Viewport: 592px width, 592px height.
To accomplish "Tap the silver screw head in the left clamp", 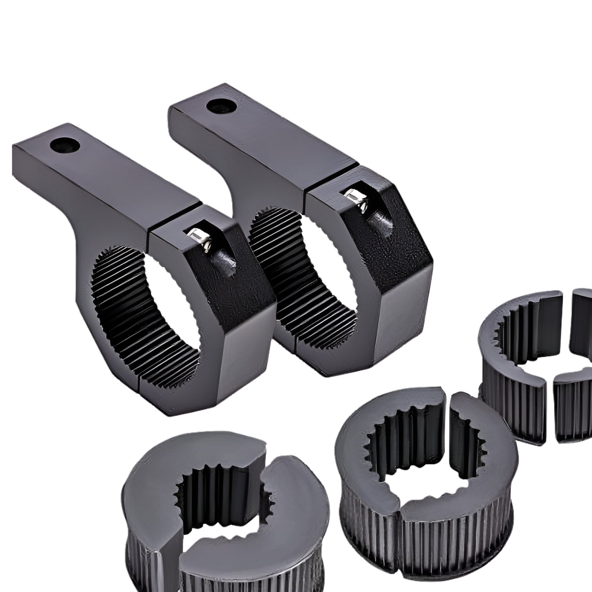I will point(197,235).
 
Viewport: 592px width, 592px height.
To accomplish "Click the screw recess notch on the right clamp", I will point(383,222).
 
